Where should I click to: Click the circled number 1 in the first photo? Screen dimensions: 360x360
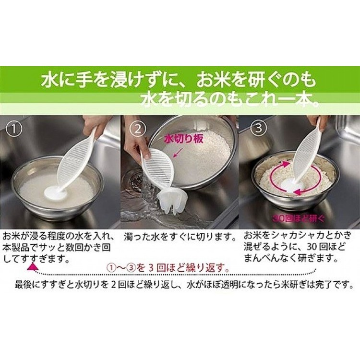(14, 129)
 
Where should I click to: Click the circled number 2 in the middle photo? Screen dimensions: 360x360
(138, 129)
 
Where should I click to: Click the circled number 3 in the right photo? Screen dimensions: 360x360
(259, 128)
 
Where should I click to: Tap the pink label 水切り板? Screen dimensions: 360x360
(184, 139)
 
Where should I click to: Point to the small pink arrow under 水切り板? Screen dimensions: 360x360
(179, 152)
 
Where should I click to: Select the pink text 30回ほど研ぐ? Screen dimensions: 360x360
(299, 218)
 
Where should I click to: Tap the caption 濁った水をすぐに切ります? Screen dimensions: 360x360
(180, 237)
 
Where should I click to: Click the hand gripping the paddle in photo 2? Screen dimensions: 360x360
(136, 146)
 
